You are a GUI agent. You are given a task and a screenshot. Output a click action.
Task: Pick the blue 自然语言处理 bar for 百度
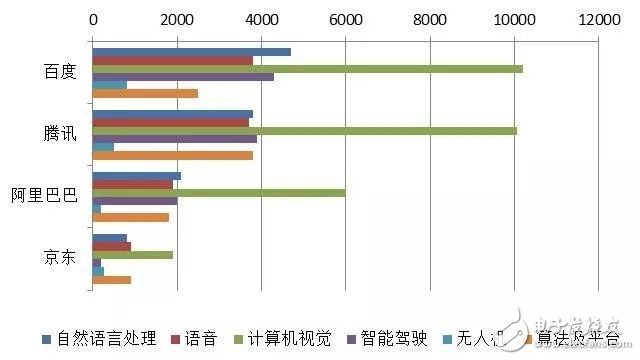pos(191,52)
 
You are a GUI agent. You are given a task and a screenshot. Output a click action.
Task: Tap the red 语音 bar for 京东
pos(111,246)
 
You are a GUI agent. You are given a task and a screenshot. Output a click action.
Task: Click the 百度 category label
pos(60,73)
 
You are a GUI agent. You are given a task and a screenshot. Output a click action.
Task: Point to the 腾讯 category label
pos(60,135)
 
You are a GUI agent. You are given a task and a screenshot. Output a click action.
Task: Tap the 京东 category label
pos(60,258)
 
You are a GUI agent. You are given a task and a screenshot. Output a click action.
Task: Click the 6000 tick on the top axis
pos(345,18)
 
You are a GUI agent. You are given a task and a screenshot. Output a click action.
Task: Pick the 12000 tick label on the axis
pos(597,18)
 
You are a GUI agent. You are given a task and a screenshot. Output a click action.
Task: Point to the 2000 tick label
pos(177,18)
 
